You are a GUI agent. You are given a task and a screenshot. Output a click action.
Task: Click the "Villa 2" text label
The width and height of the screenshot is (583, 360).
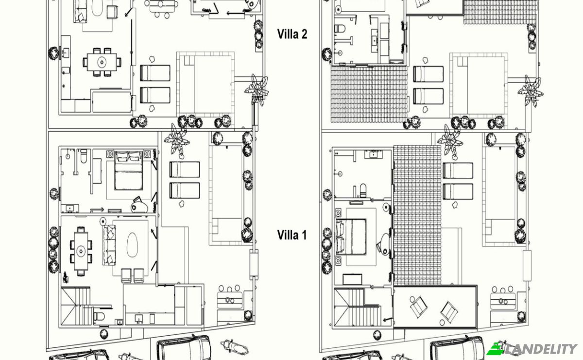pyautogui.click(x=292, y=34)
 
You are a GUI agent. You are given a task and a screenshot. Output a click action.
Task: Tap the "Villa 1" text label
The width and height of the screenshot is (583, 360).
pyautogui.click(x=292, y=235)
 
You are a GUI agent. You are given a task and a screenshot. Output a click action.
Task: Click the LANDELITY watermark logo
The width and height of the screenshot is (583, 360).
pyautogui.click(x=532, y=349)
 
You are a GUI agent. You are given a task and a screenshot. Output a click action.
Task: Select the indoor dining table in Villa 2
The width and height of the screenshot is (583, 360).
pyautogui.click(x=102, y=62)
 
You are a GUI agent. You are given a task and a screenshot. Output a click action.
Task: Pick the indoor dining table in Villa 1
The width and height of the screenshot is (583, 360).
pyautogui.click(x=81, y=251)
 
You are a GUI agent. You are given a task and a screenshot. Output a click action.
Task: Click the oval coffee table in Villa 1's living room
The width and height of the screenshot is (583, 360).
pyautogui.click(x=132, y=245)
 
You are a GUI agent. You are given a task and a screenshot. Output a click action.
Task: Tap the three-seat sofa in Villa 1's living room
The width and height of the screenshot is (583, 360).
pyautogui.click(x=109, y=245)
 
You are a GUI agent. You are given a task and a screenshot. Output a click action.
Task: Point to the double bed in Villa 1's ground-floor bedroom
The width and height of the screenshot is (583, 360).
pyautogui.click(x=129, y=171)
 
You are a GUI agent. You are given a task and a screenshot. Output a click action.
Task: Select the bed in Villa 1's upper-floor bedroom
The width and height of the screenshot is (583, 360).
pyautogui.click(x=351, y=237)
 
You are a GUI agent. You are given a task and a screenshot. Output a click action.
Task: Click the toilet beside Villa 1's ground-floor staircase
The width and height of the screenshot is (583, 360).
pyautogui.click(x=99, y=316)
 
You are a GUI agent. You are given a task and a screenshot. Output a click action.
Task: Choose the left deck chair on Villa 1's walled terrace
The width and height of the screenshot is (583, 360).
pyautogui.click(x=419, y=306)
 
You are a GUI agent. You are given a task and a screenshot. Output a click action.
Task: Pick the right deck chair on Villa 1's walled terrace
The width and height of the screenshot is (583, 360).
pyautogui.click(x=449, y=311)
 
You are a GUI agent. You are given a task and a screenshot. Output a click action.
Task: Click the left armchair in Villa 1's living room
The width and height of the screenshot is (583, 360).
pyautogui.click(x=126, y=275)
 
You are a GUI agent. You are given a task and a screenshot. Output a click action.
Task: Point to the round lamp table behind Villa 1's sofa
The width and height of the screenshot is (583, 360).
pyautogui.click(x=103, y=222)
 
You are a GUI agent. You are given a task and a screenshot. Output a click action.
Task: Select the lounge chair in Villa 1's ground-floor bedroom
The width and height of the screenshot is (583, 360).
pyautogui.click(x=139, y=205)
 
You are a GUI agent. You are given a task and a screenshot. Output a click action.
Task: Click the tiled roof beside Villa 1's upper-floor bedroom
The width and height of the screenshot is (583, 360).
pyautogui.click(x=417, y=215)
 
